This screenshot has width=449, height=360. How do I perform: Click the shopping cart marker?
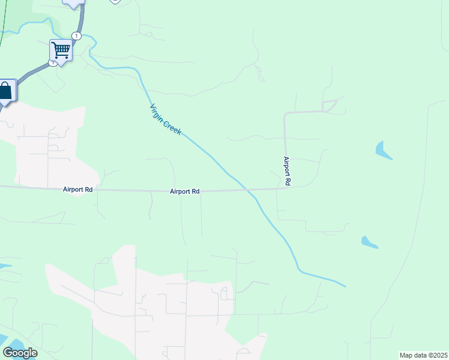pyautogui.click(x=61, y=50)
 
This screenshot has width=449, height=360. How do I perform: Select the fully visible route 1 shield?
pyautogui.click(x=76, y=36)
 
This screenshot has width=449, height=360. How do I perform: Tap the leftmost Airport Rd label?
pyautogui.click(x=77, y=190)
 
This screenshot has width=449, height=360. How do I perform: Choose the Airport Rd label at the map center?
pyautogui.click(x=184, y=191)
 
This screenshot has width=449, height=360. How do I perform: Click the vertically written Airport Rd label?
pyautogui.click(x=287, y=171)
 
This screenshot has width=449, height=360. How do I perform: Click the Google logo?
pyautogui.click(x=20, y=353)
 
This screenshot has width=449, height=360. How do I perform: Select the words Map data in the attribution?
pyautogui.click(x=412, y=355)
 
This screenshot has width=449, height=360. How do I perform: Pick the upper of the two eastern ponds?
pyautogui.click(x=382, y=150)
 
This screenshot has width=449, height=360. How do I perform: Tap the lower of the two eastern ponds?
pyautogui.click(x=369, y=242)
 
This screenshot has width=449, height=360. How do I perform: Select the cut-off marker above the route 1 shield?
pyautogui.click(x=74, y=4)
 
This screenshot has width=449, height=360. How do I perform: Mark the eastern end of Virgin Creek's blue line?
pyautogui.click(x=345, y=286)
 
